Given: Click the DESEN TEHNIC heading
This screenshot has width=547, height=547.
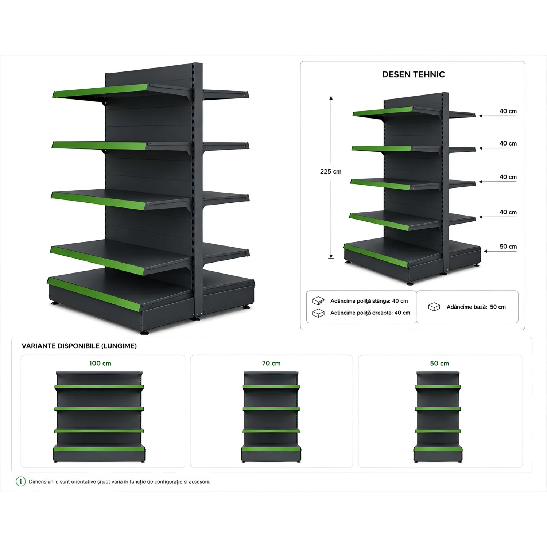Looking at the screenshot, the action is [x=413, y=74].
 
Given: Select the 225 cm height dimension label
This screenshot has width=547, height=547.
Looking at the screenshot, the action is [x=331, y=171].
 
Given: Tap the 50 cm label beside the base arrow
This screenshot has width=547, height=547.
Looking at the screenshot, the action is [x=508, y=247].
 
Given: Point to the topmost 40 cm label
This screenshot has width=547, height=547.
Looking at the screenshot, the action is [x=508, y=111].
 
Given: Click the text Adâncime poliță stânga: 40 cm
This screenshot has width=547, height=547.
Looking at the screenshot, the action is [x=369, y=301].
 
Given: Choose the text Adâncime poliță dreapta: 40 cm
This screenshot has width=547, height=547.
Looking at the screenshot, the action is [x=370, y=313].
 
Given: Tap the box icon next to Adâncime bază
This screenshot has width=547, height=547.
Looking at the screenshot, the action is [x=434, y=307].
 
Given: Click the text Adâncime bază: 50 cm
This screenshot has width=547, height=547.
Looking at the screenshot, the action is [x=476, y=307].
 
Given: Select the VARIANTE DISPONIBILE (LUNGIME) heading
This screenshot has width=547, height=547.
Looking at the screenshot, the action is [x=79, y=346].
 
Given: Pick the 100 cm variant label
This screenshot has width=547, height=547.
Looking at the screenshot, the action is [x=100, y=363].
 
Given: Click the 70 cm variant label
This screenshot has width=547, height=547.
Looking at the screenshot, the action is [x=271, y=363].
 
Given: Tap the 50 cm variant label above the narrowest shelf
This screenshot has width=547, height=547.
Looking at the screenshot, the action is [x=439, y=363].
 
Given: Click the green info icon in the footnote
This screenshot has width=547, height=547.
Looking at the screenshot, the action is [x=21, y=481].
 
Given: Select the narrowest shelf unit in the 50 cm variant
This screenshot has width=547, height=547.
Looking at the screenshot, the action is [x=438, y=417].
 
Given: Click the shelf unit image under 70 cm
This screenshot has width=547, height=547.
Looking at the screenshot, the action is [x=271, y=417].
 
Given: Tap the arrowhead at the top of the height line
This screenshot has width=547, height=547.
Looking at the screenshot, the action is [x=331, y=98].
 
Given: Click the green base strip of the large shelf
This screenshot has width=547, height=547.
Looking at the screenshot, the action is [x=94, y=294].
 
